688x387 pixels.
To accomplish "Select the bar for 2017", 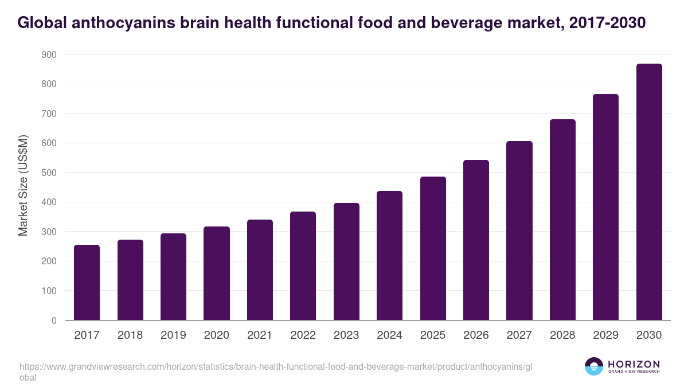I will [x=87, y=282].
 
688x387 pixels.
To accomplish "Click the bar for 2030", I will [x=649, y=192].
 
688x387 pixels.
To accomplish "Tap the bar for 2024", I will [x=389, y=256].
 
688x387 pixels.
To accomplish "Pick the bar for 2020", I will [x=217, y=273].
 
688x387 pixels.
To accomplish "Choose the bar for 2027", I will [x=519, y=230].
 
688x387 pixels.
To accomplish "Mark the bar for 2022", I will [x=303, y=266].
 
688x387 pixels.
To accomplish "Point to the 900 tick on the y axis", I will [x=49, y=54].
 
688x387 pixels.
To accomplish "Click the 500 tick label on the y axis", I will [x=49, y=173].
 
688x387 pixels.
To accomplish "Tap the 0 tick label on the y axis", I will [x=54, y=320].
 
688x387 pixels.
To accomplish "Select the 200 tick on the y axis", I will [x=49, y=261].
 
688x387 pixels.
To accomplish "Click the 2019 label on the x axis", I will [x=173, y=335].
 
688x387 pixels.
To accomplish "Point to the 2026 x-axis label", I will [x=476, y=335].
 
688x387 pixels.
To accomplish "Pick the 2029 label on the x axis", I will [x=605, y=335].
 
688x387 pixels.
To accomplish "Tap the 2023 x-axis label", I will [x=346, y=335].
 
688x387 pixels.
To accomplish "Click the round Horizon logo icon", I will [x=594, y=367].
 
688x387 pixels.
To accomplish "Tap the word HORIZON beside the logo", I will [x=634, y=364].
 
